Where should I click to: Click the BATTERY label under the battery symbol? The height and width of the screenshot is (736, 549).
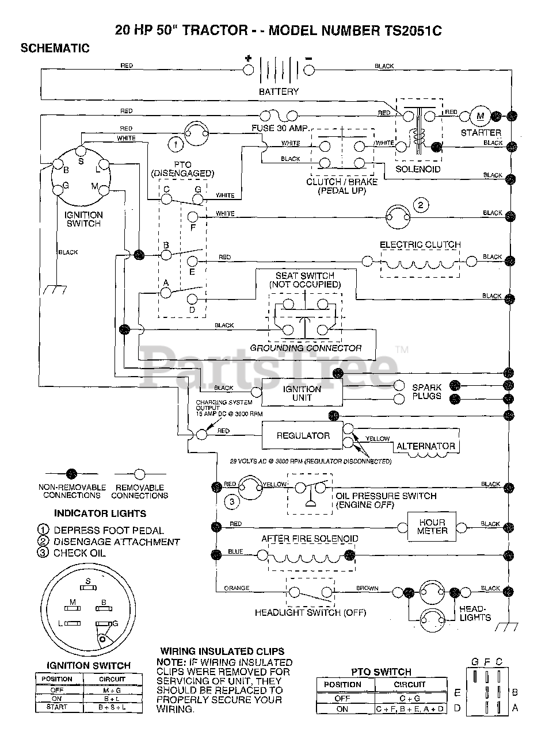pos(279,91)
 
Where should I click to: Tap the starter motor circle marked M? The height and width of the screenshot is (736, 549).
pos(480,116)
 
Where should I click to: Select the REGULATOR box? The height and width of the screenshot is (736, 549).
pos(303,436)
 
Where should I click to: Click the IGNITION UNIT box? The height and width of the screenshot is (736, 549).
pos(302,393)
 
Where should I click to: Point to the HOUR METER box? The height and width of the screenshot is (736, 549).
pos(432,527)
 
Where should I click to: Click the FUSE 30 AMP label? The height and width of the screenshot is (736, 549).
pos(280,128)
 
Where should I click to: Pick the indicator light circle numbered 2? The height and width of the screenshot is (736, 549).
pos(421,205)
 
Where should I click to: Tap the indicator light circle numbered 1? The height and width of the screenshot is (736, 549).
pos(176,142)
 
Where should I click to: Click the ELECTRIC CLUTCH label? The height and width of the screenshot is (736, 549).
pos(420,244)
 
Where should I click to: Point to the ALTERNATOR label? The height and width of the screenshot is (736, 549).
pos(425,446)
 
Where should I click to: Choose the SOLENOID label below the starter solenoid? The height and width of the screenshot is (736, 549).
pos(418,169)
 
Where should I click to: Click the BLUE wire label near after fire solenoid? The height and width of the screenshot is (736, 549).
pos(235,551)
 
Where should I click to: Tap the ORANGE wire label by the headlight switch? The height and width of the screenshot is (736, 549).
pos(237,588)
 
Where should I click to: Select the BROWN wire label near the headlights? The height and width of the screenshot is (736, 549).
pos(367,588)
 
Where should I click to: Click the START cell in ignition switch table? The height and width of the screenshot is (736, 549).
pos(58,707)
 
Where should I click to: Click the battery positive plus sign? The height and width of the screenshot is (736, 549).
pos(249,58)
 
